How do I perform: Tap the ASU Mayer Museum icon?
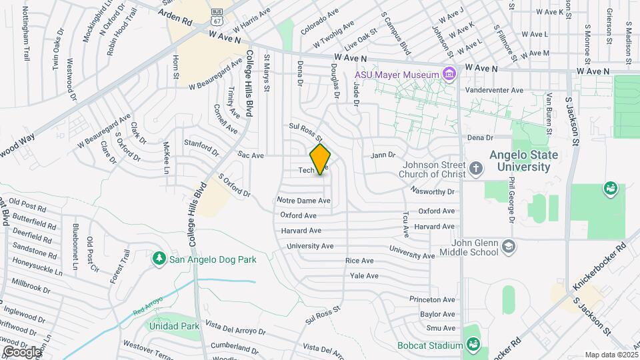point(449,73)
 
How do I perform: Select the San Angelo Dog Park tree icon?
point(159,258)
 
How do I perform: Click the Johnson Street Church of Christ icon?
point(475,167)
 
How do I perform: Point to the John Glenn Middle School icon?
point(509,247)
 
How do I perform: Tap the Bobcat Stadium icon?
point(473,345)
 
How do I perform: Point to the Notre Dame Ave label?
point(304,201)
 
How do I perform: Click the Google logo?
point(21,351)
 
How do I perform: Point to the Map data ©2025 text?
point(611,355)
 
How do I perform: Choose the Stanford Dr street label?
point(201,144)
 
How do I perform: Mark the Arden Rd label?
point(178,22)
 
